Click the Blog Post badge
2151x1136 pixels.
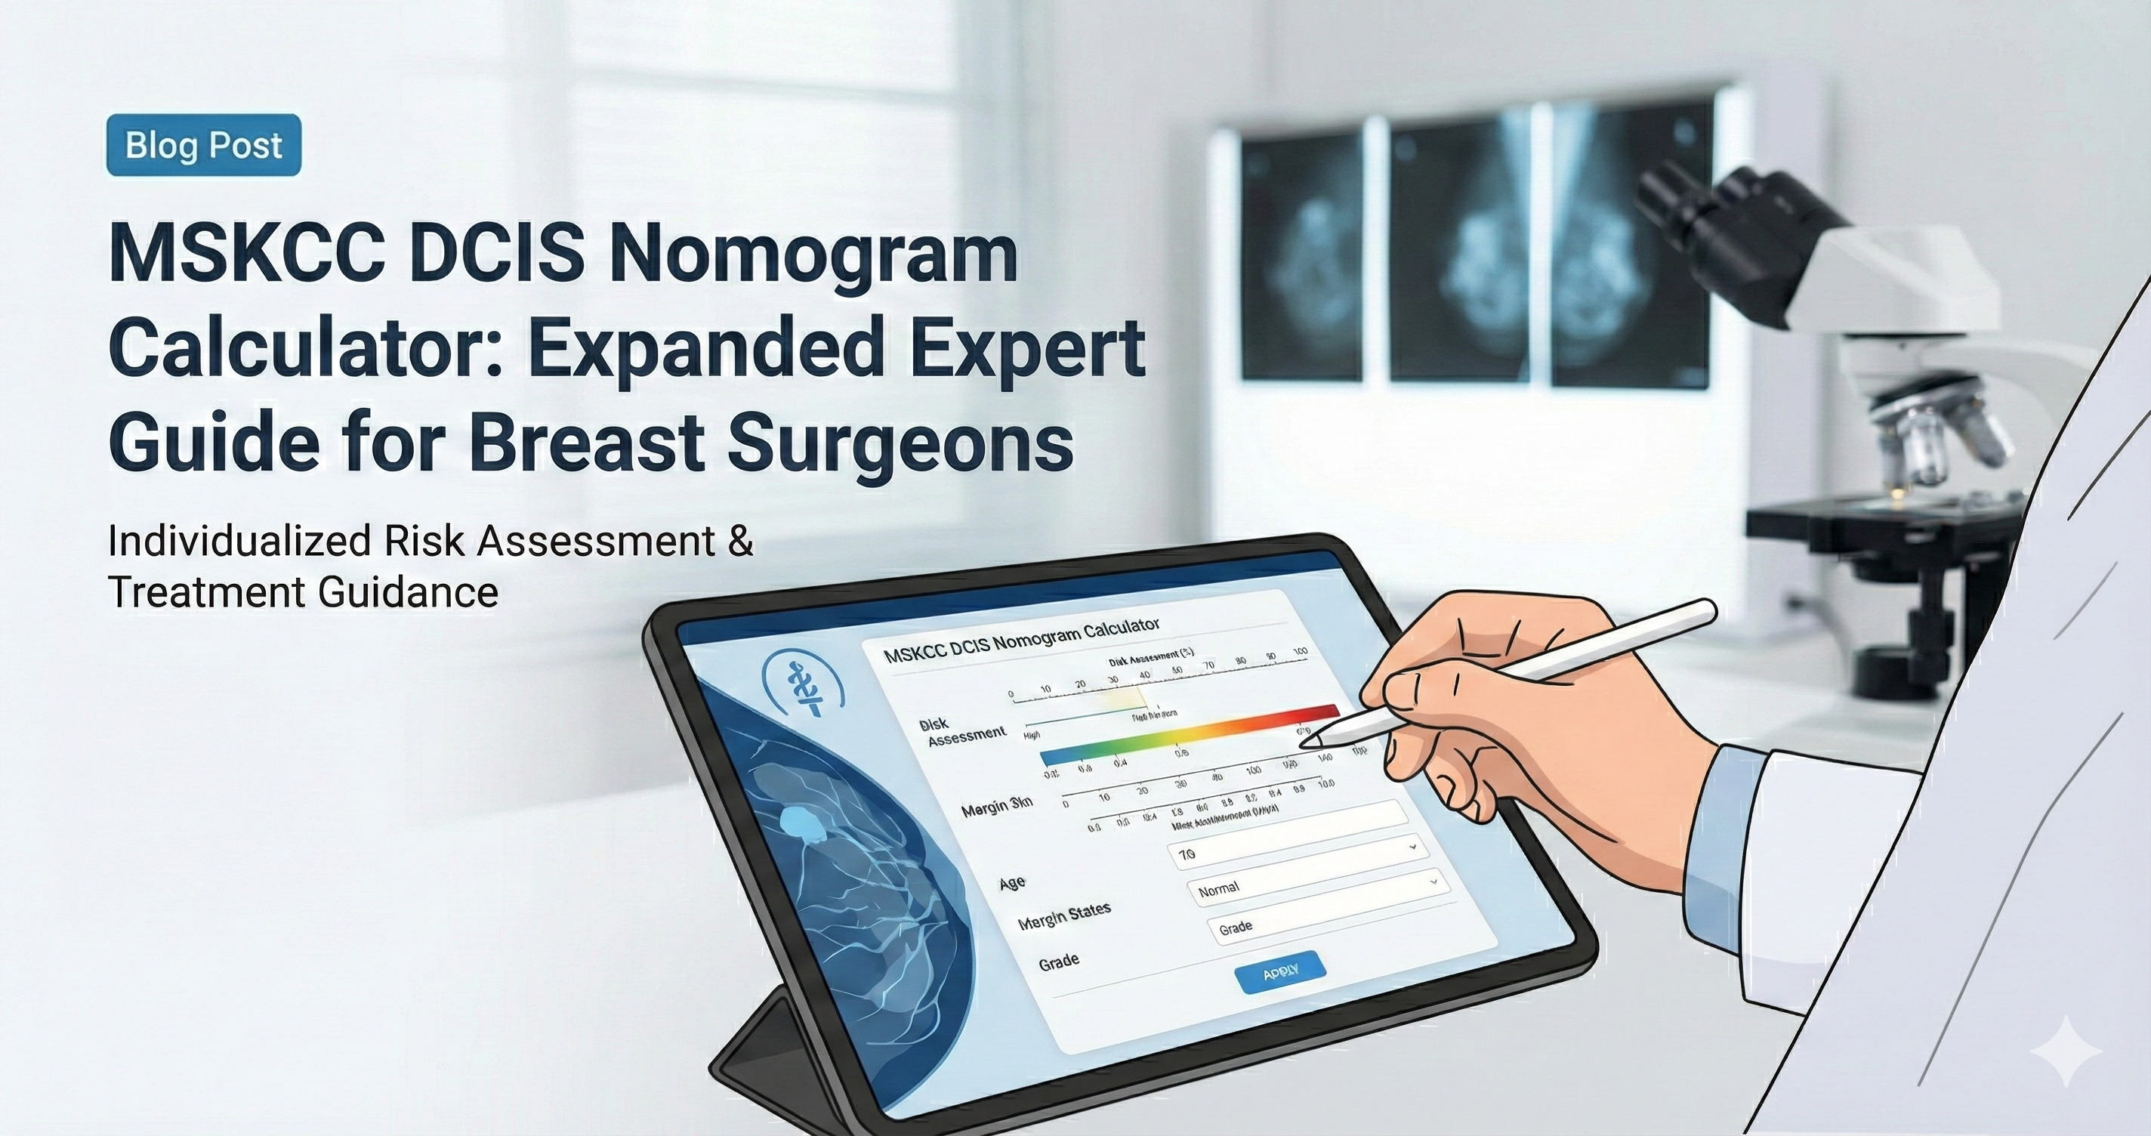pyautogui.click(x=204, y=145)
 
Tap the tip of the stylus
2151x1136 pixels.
pyautogui.click(x=1307, y=740)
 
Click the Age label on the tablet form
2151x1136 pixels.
pyautogui.click(x=1012, y=883)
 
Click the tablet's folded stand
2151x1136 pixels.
pyautogui.click(x=756, y=1044)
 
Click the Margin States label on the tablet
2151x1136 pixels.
pyautogui.click(x=1064, y=915)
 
